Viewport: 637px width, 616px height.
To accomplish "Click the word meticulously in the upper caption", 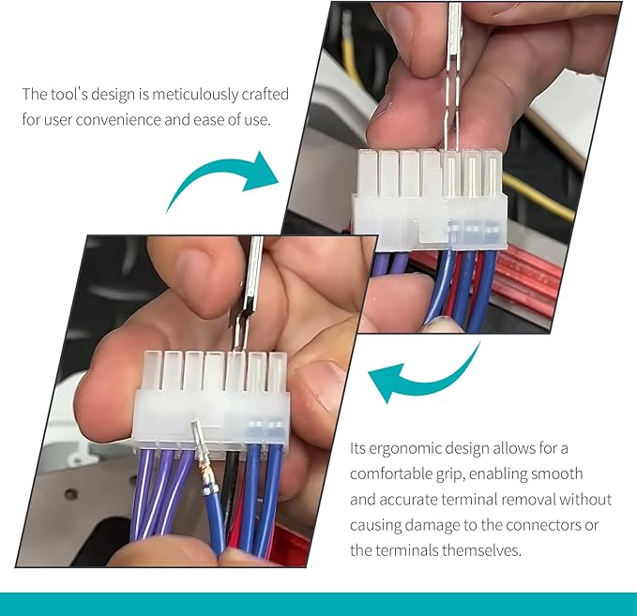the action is click(195, 94).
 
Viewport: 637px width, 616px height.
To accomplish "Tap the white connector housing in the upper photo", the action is click(430, 198).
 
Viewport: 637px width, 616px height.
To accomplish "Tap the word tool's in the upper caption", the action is click(68, 94).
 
